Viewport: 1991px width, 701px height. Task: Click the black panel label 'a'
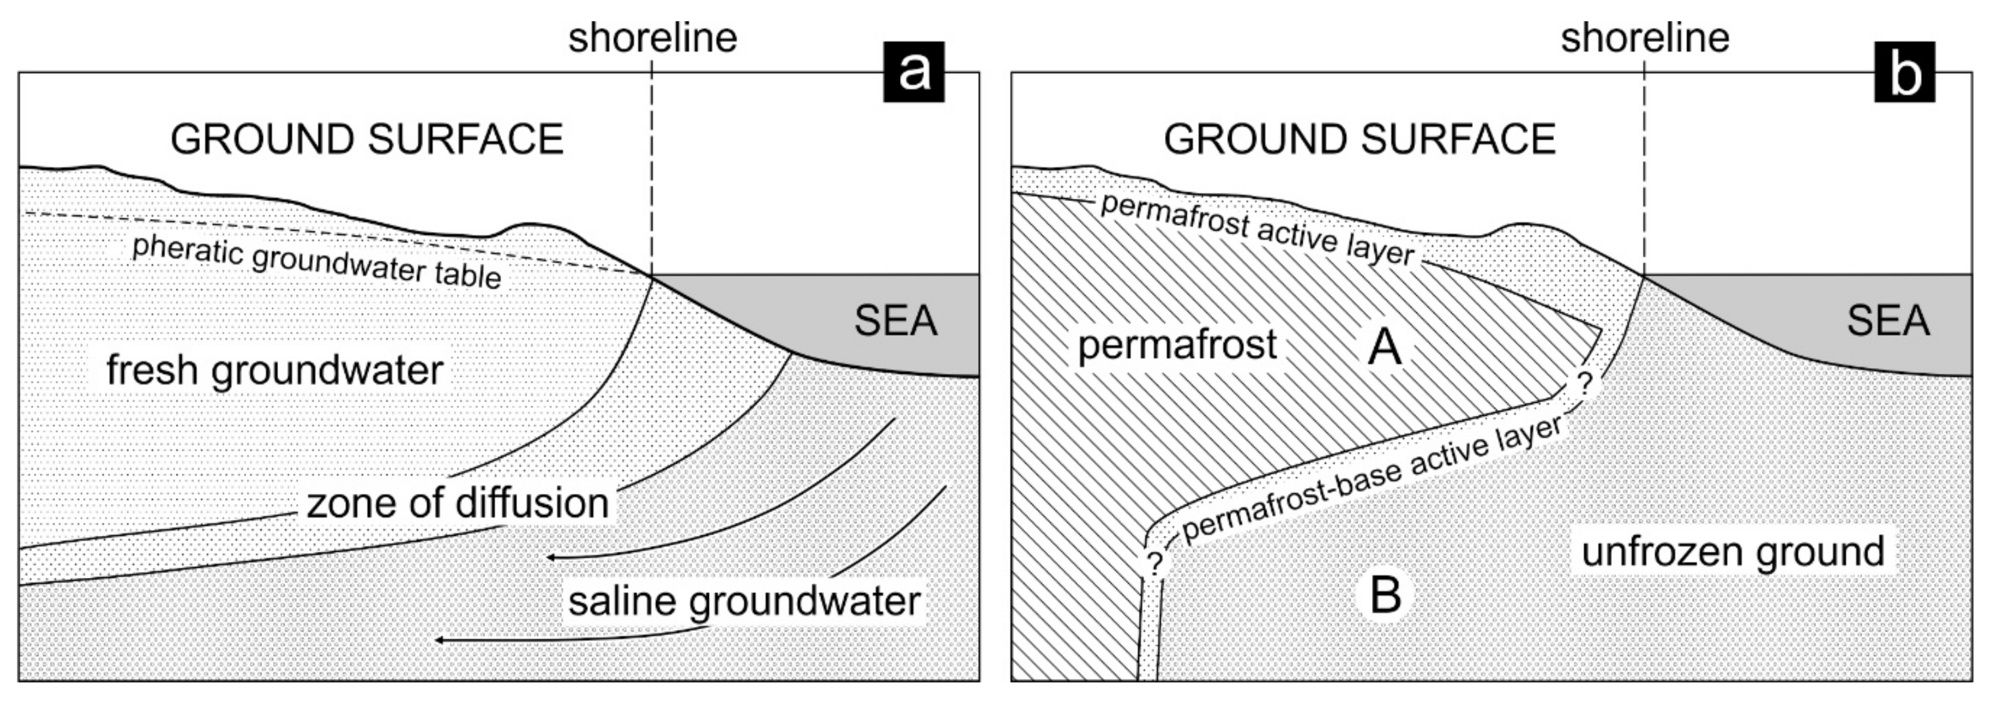pyautogui.click(x=914, y=73)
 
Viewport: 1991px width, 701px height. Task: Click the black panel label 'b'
pyautogui.click(x=1904, y=73)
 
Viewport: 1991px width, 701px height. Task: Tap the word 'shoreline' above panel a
pyautogui.click(x=653, y=38)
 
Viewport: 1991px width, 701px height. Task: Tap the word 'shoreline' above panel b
pyautogui.click(x=1645, y=38)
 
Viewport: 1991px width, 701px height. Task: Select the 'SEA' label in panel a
pyautogui.click(x=895, y=320)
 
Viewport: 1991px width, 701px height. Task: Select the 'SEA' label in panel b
pyautogui.click(x=1888, y=320)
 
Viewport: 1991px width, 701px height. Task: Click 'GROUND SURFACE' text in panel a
pyautogui.click(x=367, y=139)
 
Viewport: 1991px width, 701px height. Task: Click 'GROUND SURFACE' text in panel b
pyautogui.click(x=1360, y=139)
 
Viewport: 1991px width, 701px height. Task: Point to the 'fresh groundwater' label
pyautogui.click(x=274, y=370)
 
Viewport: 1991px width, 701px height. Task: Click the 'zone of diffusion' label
pyautogui.click(x=458, y=503)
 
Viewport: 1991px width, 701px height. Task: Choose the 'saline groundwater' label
pyautogui.click(x=744, y=601)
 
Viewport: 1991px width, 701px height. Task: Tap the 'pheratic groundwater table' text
pyautogui.click(x=317, y=262)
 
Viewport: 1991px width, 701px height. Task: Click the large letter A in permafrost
pyautogui.click(x=1384, y=347)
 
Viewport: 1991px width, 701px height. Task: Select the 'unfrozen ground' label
pyautogui.click(x=1733, y=551)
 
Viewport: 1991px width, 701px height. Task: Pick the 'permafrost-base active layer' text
pyautogui.click(x=1372, y=478)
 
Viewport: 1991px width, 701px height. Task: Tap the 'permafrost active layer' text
pyautogui.click(x=1257, y=229)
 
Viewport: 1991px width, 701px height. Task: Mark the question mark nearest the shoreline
pyautogui.click(x=1584, y=382)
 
